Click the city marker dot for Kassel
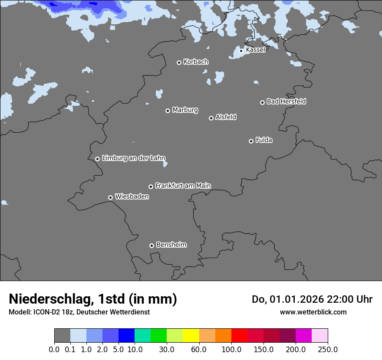tap(241, 51)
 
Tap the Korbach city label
tap(196, 62)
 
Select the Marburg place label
tap(185, 110)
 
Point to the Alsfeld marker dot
tap(211, 118)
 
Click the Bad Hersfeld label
tap(286, 101)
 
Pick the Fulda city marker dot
tap(251, 141)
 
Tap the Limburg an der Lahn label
tap(133, 158)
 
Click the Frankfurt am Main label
tap(183, 186)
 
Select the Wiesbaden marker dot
tap(110, 197)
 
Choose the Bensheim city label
tap(171, 245)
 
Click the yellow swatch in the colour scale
tap(191, 336)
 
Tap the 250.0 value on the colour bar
tap(328, 349)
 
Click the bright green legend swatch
tap(158, 336)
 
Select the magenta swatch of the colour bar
tap(303, 336)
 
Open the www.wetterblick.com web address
tap(313, 312)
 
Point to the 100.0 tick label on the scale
tap(231, 349)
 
